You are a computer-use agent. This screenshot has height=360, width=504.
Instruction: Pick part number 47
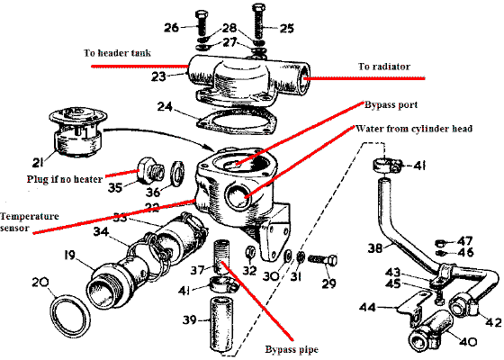tap(464, 241)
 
